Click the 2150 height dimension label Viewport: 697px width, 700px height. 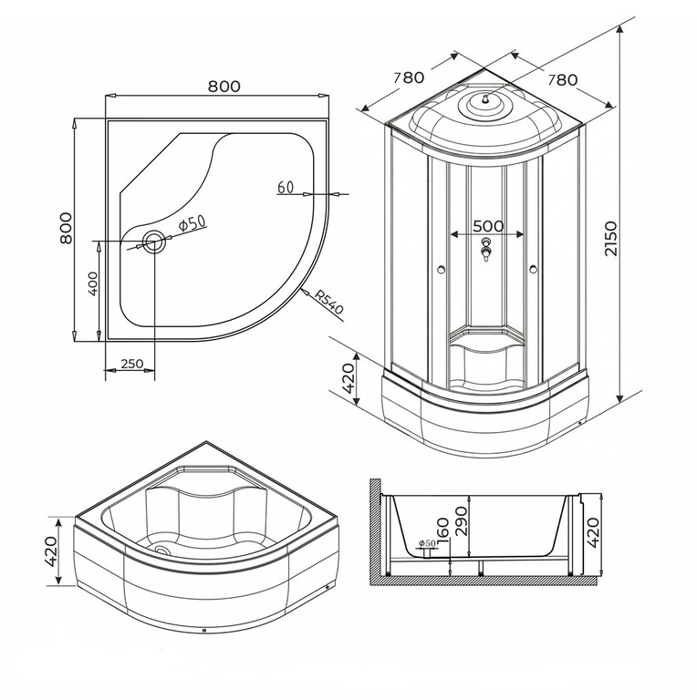point(609,239)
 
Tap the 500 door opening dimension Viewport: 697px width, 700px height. point(488,226)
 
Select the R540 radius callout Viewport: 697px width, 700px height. point(328,302)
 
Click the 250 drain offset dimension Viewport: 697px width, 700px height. point(132,364)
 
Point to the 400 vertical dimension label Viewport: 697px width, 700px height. point(93,283)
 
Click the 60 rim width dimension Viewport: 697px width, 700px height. point(286,188)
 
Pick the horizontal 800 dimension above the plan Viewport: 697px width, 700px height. point(224,87)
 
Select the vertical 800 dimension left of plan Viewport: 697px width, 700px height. point(66,228)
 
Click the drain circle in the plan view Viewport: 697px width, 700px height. point(154,242)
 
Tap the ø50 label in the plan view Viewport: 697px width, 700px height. point(192,222)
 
